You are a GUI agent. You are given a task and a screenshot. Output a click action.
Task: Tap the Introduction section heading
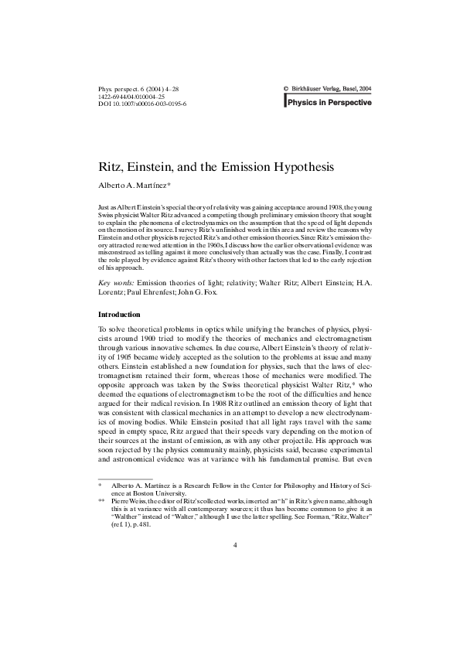119,315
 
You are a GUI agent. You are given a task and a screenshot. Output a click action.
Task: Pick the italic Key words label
115,285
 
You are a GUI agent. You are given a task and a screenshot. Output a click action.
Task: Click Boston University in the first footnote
152,493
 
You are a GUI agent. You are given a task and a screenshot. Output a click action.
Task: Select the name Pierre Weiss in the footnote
130,501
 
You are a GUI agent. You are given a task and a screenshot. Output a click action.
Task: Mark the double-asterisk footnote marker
101,501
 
